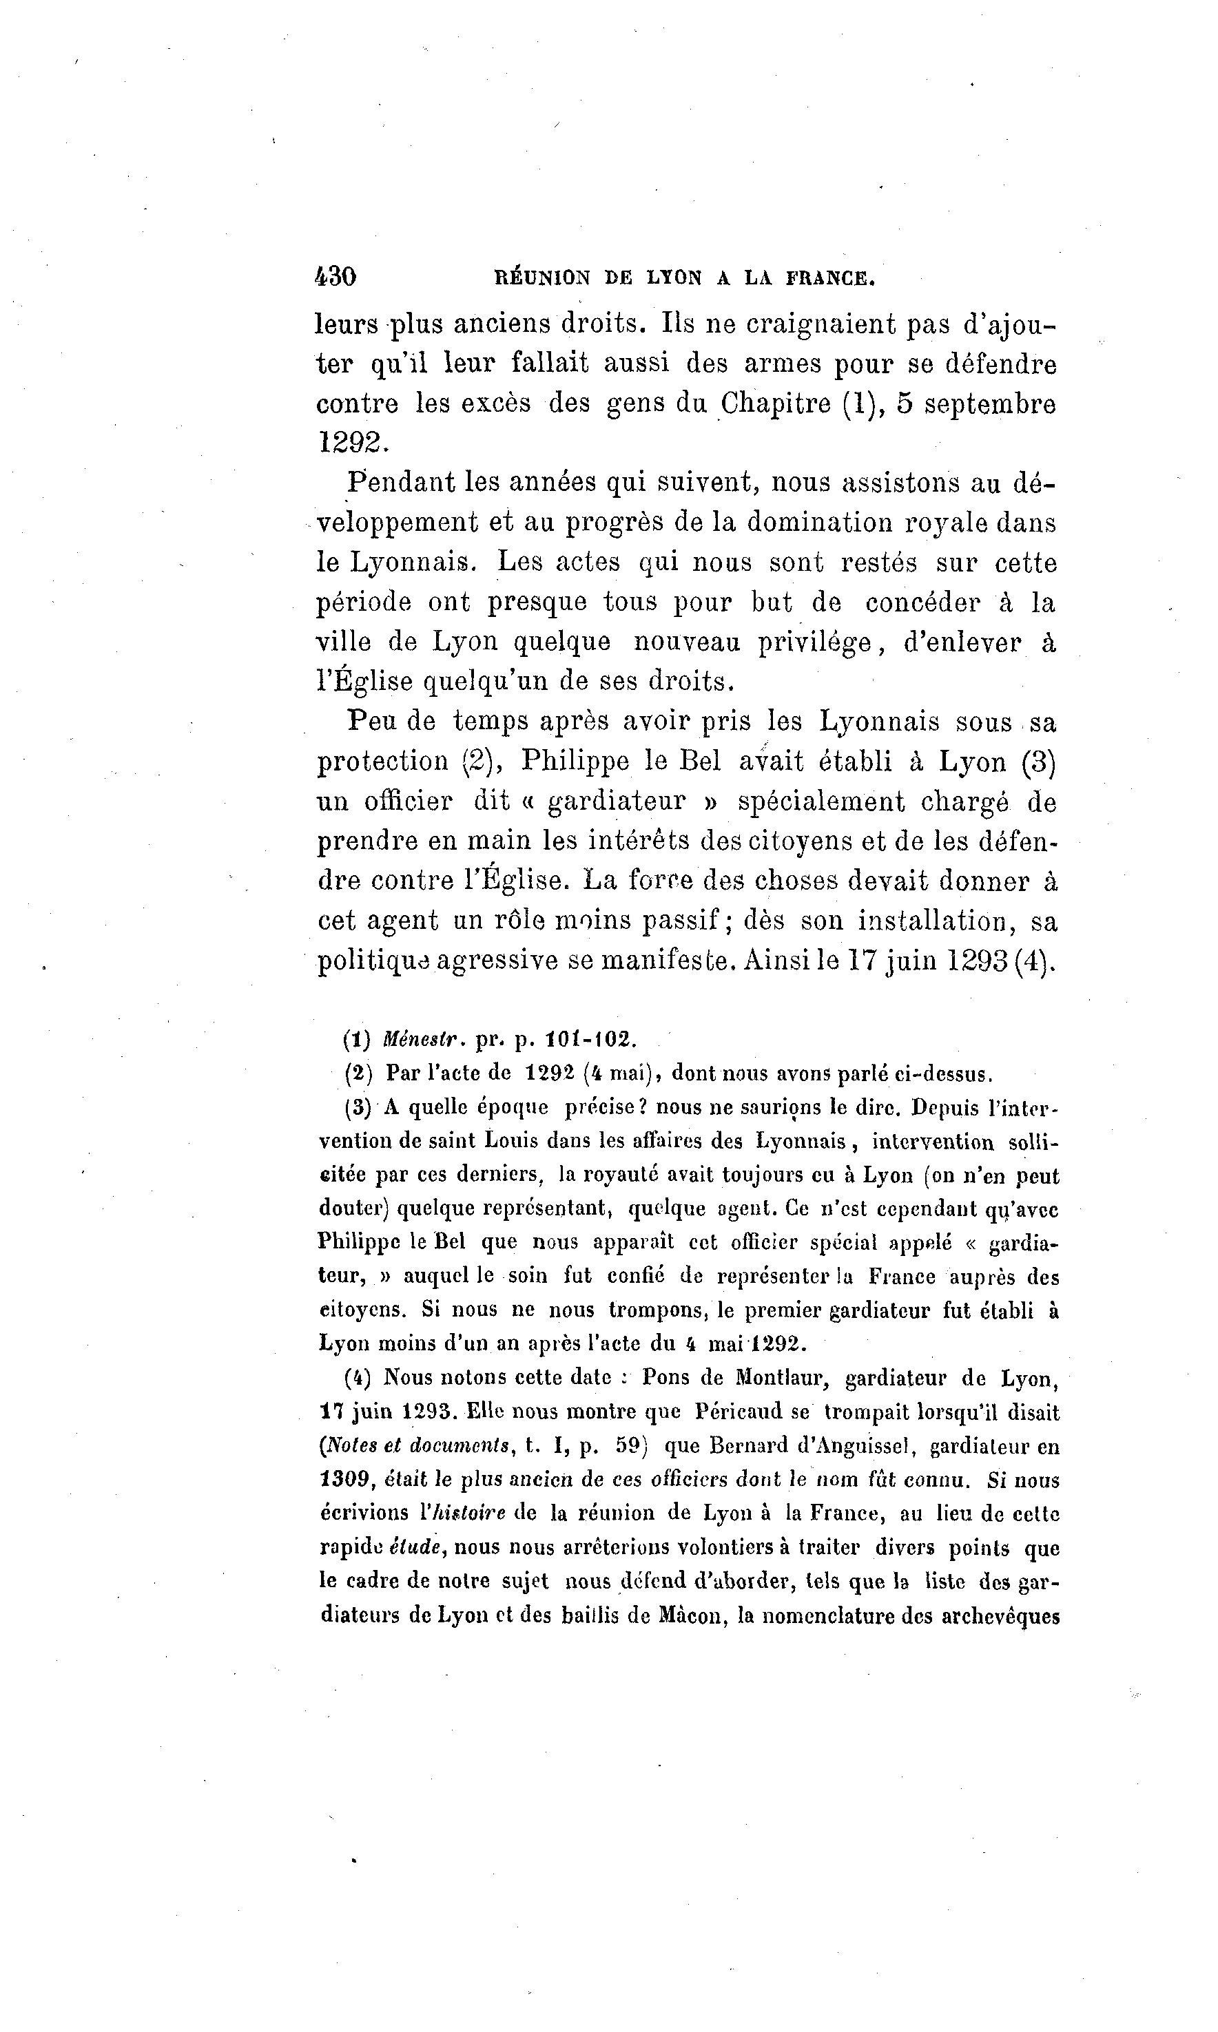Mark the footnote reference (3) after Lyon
pyautogui.click(x=1038, y=762)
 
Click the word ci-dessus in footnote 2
pyautogui.click(x=944, y=1073)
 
